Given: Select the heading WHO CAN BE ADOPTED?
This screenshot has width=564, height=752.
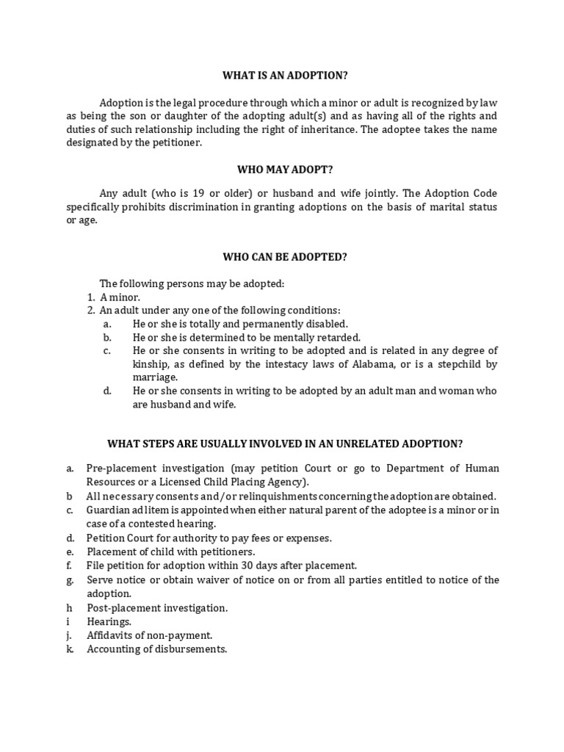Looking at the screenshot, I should pyautogui.click(x=285, y=257).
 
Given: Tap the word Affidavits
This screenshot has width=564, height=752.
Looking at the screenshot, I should pyautogui.click(x=112, y=635).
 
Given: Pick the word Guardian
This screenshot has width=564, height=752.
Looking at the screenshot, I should pyautogui.click(x=109, y=510).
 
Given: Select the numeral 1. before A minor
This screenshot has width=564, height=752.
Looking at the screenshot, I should pyautogui.click(x=91, y=297).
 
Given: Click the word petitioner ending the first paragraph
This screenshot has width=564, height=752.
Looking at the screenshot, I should pyautogui.click(x=175, y=143).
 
